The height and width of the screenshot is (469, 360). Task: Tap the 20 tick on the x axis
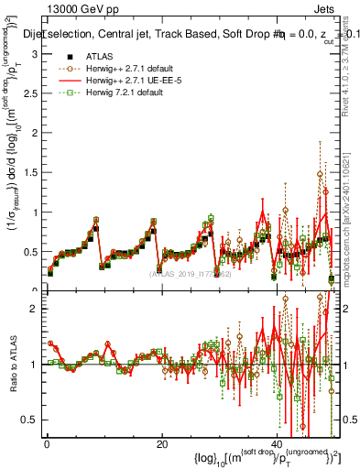161,445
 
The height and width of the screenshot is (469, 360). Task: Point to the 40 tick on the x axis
276,445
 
